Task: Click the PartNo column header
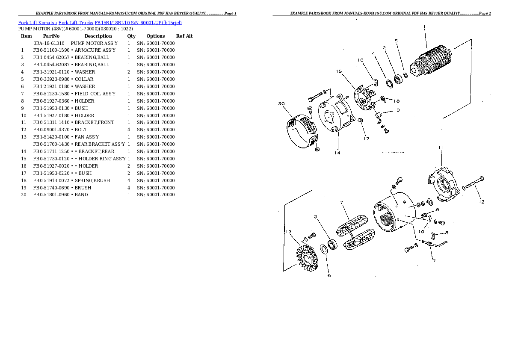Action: (x=51, y=36)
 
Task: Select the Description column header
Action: (x=98, y=36)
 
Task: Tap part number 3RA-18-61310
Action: (x=48, y=44)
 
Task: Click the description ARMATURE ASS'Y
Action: (x=95, y=50)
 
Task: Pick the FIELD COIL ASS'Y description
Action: (x=95, y=94)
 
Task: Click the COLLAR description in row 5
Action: (x=84, y=79)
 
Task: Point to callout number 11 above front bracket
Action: (x=441, y=148)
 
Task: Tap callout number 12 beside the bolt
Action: (x=482, y=202)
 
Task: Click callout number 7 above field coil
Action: (x=342, y=202)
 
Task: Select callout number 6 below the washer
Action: (x=328, y=275)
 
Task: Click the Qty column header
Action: (x=131, y=36)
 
